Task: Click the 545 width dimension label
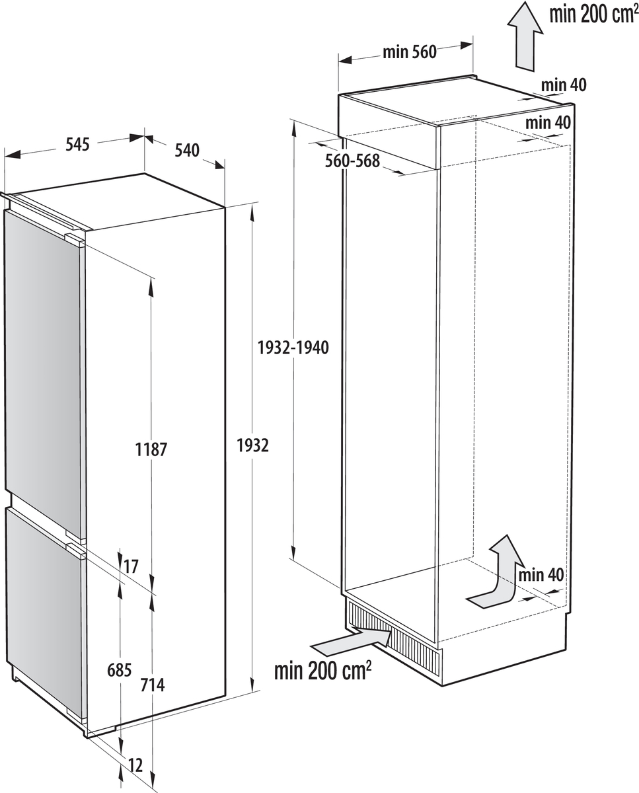pos(77,145)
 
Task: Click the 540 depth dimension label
pos(186,151)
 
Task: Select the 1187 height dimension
pos(151,450)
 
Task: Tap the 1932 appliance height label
pos(252,446)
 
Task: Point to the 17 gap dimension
pos(131,566)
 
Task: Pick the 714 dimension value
pos(153,685)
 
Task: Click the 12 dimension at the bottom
pos(135,767)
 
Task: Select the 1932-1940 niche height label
pos(293,348)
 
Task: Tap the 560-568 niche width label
pos(353,160)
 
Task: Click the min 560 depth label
pos(410,52)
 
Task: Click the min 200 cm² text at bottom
pos(323,671)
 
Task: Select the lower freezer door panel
pos(42,611)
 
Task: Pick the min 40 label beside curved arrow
pos(541,575)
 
